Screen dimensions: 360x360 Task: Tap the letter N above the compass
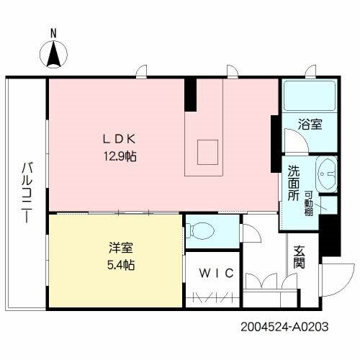pyautogui.click(x=53, y=33)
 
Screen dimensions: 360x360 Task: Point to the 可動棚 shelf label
pyautogui.click(x=307, y=201)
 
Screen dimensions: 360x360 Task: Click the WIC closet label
pyautogui.click(x=213, y=274)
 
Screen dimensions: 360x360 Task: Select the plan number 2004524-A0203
pyautogui.click(x=284, y=325)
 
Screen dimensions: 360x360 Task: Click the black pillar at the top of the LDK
pyautogui.click(x=190, y=94)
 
